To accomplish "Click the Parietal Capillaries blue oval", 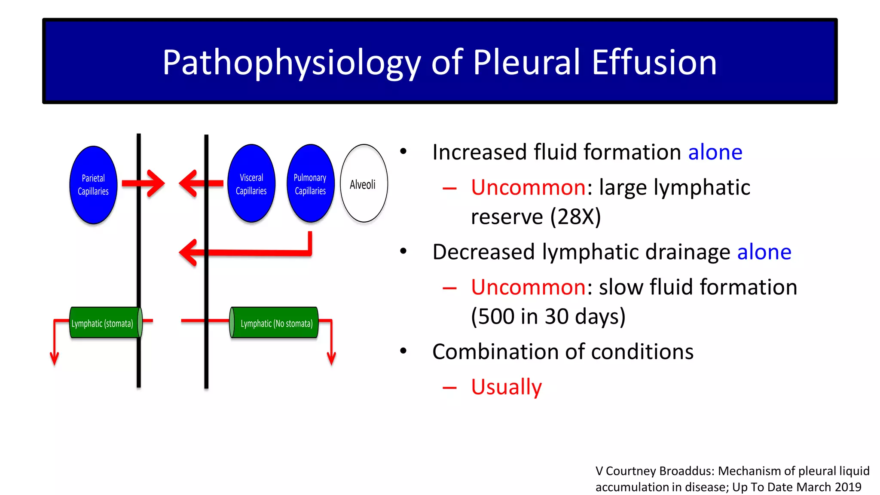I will coord(93,185).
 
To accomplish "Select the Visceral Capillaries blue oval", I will coord(251,184).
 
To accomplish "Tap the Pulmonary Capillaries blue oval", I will coord(310,184).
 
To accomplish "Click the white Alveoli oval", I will coord(364,184).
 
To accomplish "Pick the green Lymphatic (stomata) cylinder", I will coord(103,323).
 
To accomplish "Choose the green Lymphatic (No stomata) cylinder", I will coord(275,323).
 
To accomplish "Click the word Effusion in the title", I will coord(654,63).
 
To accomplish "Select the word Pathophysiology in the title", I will coord(291,63).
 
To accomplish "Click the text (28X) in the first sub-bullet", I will coord(575,217).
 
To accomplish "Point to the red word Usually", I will coord(506,387).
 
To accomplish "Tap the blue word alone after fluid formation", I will coord(715,152).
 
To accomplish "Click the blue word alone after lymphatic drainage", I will coord(764,252).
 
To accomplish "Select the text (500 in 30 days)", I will coord(548,317).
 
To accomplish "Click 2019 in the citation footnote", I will coord(848,487).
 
